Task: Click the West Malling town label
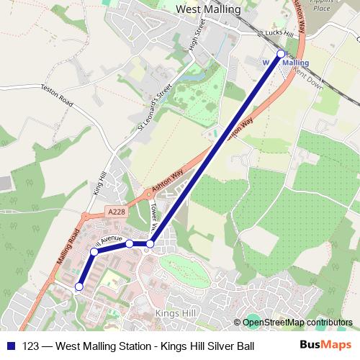pos(207,10)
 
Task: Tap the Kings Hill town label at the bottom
pos(176,314)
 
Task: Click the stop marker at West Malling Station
pos(281,54)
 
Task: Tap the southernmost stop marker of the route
pos(79,287)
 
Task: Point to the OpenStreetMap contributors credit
pos(297,323)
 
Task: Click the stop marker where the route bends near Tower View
pos(150,245)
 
